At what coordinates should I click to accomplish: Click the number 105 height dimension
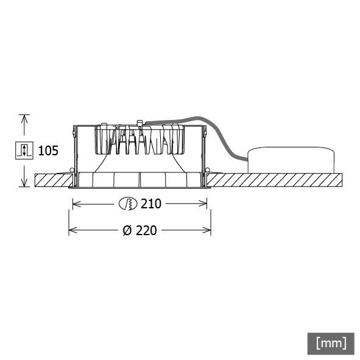[x=48, y=150]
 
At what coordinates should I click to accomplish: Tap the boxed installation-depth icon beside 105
[x=24, y=150]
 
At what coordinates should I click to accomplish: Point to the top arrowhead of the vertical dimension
[x=24, y=118]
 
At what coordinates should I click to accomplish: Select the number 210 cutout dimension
[x=150, y=204]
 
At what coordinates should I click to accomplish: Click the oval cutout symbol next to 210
[x=129, y=204]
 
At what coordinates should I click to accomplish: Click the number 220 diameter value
[x=146, y=231]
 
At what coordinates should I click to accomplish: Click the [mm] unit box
[x=331, y=342]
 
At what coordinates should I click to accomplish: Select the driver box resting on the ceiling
[x=292, y=161]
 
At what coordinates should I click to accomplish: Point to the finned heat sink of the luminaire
[x=140, y=141]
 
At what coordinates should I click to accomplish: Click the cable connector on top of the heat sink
[x=141, y=125]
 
